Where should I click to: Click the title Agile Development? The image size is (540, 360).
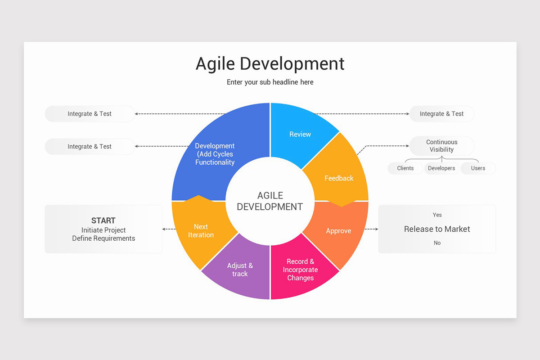pos(270,63)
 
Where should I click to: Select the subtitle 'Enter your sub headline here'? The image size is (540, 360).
pos(270,82)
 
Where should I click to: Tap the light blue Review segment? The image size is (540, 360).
pos(300,134)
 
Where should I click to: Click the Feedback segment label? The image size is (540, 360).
pos(339,178)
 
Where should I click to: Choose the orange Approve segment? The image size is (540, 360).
pos(338,231)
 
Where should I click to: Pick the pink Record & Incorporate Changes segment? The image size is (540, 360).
pos(300,270)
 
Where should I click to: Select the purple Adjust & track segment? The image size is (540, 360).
pos(240,270)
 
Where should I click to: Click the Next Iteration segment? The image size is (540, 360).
pos(201,231)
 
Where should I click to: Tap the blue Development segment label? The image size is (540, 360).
pos(215,154)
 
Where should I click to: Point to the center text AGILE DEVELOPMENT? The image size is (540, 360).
pos(270,201)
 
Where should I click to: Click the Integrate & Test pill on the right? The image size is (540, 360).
pos(441,114)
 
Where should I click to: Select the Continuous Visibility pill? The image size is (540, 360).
pos(441,146)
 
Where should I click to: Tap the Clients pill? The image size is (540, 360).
pos(405,168)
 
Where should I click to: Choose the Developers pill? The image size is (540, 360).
pos(441,168)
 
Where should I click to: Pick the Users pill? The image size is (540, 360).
pos(478,168)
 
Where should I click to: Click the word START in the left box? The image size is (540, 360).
pos(103,220)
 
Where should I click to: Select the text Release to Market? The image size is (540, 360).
pos(437,229)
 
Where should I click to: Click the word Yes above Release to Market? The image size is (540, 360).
pos(437,215)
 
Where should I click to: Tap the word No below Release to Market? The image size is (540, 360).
pos(437,243)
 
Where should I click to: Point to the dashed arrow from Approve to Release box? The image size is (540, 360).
pos(371,229)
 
